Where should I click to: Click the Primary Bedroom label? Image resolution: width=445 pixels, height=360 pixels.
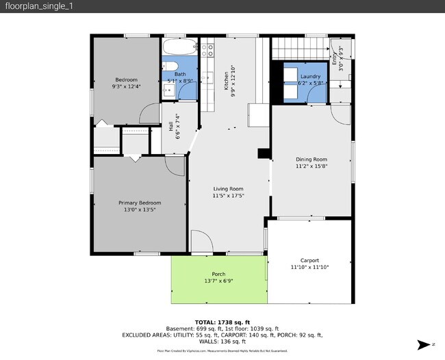pyautogui.click(x=140, y=203)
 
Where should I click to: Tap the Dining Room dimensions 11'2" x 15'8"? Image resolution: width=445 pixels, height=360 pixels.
pyautogui.click(x=311, y=166)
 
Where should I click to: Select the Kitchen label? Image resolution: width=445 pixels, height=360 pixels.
pyautogui.click(x=227, y=81)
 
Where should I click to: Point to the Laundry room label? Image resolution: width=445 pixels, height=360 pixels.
pyautogui.click(x=310, y=76)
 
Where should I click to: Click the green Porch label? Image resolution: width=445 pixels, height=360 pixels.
pyautogui.click(x=218, y=274)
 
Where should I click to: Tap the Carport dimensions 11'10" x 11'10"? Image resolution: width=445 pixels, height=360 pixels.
pyautogui.click(x=310, y=267)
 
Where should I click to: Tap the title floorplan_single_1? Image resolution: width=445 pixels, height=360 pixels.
pyautogui.click(x=38, y=6)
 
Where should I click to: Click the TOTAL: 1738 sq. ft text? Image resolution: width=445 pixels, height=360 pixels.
pyautogui.click(x=222, y=321)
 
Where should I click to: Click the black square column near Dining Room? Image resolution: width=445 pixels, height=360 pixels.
pyautogui.click(x=264, y=154)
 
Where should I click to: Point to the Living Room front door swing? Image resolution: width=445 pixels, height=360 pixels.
pyautogui.click(x=200, y=242)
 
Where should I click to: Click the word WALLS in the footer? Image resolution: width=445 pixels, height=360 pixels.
pyautogui.click(x=203, y=342)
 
